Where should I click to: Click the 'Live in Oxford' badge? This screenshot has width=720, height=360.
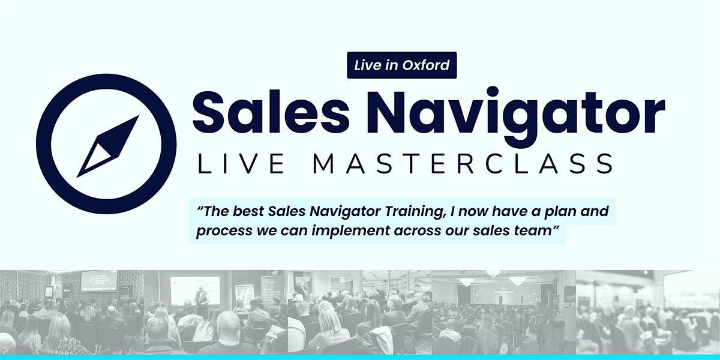(402, 65)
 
